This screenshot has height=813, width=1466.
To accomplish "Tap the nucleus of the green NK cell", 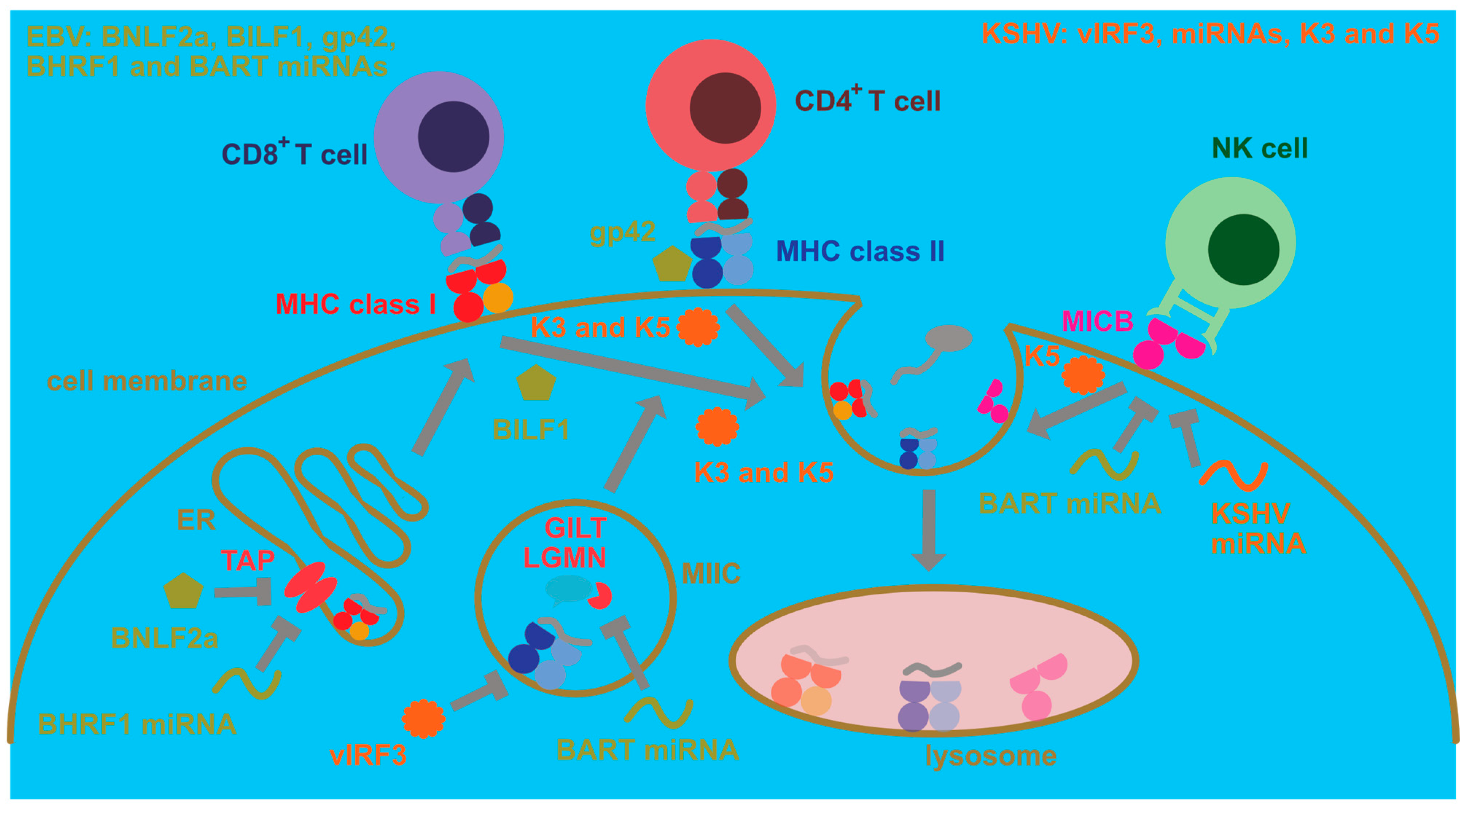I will pos(1243,249).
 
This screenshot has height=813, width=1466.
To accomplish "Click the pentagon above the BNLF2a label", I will pos(183,592).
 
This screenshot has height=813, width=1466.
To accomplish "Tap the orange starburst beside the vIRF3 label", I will pos(423,719).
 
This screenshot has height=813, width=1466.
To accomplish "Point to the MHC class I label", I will pos(356,305).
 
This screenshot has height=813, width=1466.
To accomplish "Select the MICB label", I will pos(1097,321).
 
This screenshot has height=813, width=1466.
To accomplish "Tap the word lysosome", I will pos(990,755).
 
